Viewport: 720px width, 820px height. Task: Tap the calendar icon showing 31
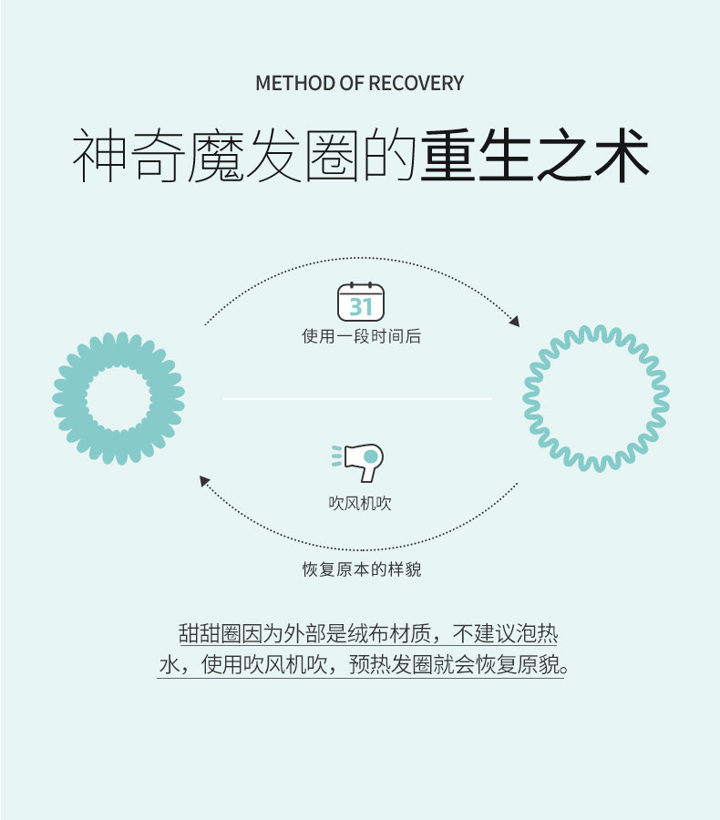[x=361, y=302]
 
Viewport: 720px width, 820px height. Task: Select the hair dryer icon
[x=358, y=462]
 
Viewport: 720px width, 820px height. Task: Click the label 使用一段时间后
[x=361, y=336]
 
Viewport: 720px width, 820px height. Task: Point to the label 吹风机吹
[x=360, y=503]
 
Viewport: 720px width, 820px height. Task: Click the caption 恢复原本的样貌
[x=362, y=569]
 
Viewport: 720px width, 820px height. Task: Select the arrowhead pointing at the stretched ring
[x=515, y=322]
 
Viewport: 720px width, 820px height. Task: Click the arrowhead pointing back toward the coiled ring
[x=204, y=480]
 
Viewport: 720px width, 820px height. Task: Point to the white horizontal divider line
[x=357, y=398]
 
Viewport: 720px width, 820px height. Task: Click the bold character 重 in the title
[x=447, y=155]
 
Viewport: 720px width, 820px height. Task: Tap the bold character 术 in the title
[x=622, y=155]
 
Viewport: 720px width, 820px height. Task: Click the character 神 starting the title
[x=99, y=155]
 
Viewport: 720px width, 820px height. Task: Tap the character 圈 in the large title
[x=331, y=155]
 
